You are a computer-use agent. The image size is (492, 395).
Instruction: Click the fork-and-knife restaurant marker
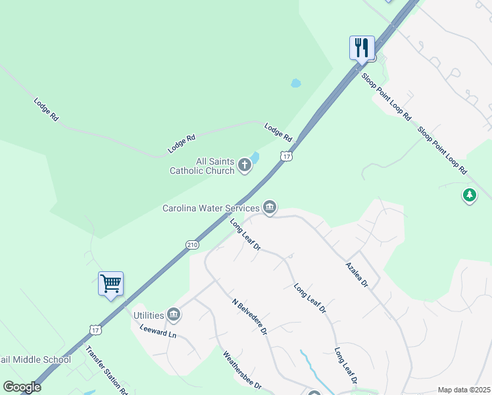(362, 47)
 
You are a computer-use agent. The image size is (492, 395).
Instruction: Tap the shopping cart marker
(111, 284)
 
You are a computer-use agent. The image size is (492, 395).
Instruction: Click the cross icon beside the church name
(245, 165)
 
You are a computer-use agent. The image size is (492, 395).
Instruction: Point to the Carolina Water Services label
(211, 208)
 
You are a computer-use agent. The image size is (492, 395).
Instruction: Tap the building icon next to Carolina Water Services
(270, 208)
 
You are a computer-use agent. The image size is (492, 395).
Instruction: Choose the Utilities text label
(149, 315)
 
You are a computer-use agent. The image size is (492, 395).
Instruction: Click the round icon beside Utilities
(174, 315)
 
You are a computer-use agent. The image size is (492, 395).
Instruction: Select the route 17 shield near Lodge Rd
(285, 156)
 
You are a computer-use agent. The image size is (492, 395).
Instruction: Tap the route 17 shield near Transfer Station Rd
(95, 328)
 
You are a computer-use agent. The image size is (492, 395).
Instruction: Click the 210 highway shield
(191, 245)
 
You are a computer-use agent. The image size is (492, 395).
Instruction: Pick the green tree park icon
(470, 196)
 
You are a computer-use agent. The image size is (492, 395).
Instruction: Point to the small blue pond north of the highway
(295, 84)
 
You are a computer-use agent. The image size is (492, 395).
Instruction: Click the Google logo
(22, 387)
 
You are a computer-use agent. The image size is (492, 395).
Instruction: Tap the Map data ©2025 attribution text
(464, 390)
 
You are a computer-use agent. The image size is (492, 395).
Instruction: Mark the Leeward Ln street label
(158, 330)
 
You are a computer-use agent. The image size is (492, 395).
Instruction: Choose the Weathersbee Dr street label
(243, 371)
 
